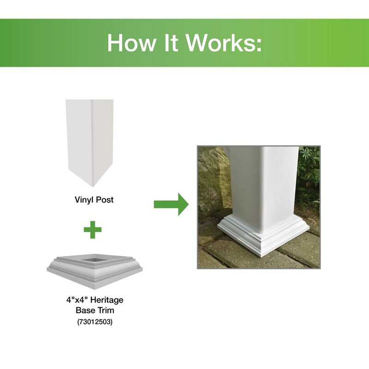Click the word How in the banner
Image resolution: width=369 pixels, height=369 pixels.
[131, 43]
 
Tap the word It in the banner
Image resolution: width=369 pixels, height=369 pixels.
[171, 43]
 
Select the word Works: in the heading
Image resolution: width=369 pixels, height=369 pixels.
[224, 43]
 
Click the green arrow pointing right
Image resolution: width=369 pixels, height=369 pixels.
[171, 204]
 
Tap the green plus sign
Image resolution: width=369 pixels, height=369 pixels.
[93, 229]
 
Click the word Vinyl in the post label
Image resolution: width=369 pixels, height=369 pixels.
[83, 200]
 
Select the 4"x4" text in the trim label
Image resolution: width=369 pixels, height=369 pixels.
[77, 300]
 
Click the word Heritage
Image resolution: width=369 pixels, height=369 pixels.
[107, 300]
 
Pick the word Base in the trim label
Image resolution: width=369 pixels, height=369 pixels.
[85, 310]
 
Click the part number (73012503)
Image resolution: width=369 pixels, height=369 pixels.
[95, 321]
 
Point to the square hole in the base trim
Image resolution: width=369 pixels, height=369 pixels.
[95, 260]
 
